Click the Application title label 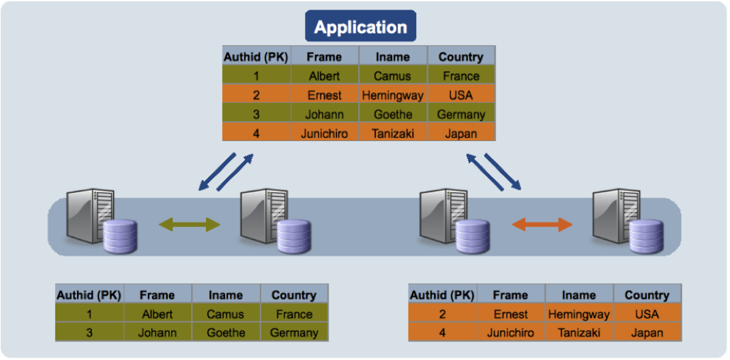tap(360, 27)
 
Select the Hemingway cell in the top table tap(393, 95)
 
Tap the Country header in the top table tap(461, 57)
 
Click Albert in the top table tap(324, 76)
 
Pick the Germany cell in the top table tap(461, 115)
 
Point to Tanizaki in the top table tap(393, 134)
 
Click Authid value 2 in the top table tap(257, 95)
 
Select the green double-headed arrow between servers tap(190, 224)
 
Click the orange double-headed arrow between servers tap(542, 224)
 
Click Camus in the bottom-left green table tap(226, 314)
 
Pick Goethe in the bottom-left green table tap(226, 333)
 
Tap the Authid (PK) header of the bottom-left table tap(89, 295)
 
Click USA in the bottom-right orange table tap(647, 314)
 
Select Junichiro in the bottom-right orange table tap(510, 333)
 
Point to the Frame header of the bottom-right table tap(510, 295)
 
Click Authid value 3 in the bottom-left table tap(89, 333)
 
